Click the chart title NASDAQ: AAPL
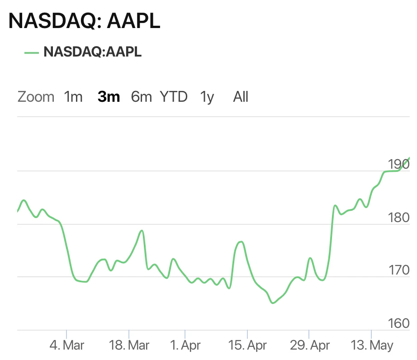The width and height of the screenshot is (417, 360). (85, 21)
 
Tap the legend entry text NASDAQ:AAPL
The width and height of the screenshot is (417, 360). (93, 52)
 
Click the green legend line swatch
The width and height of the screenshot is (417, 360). (32, 52)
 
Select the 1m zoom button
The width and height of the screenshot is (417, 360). (73, 97)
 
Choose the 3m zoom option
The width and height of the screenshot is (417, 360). (109, 97)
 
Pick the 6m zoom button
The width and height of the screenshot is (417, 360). (141, 97)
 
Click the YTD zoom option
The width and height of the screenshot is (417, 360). (174, 97)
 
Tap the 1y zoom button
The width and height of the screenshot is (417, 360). (207, 97)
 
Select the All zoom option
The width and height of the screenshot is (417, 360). (241, 97)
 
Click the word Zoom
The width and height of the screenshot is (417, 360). (36, 97)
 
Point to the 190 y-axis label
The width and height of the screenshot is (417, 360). (398, 164)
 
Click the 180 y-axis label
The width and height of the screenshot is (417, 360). (398, 217)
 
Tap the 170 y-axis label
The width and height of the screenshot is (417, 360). (398, 270)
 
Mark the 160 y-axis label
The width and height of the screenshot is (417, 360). (398, 323)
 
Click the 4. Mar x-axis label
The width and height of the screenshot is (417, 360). (66, 346)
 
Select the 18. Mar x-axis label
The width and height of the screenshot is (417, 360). (129, 346)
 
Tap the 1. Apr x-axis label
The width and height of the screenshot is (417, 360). (185, 346)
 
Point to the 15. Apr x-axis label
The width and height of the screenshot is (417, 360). (248, 346)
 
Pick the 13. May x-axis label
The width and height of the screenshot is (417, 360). (371, 346)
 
